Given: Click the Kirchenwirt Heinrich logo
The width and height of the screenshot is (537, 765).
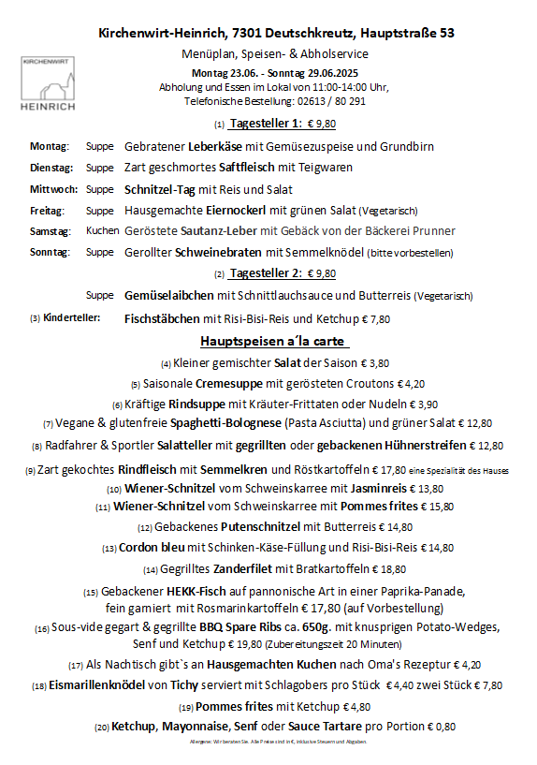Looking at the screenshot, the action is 49,84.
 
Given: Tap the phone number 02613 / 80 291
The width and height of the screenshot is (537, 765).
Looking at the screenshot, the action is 324,100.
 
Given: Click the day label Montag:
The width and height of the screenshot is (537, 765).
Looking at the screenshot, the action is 50,147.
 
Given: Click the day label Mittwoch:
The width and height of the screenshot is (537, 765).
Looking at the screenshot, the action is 53,189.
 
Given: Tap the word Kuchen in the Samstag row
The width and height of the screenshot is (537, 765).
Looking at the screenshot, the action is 102,230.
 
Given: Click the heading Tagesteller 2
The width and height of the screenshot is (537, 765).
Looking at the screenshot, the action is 266,273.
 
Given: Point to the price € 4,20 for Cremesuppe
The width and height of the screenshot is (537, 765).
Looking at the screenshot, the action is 412,383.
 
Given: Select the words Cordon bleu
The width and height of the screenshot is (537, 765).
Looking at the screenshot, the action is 151,548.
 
